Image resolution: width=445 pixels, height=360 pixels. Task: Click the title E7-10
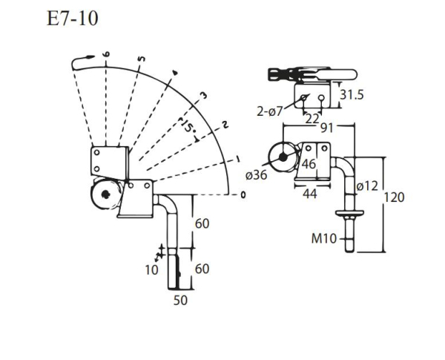pos(72,18)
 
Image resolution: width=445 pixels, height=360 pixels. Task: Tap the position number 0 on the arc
pos(243,195)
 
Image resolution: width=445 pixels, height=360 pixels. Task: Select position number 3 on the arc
pos(203,95)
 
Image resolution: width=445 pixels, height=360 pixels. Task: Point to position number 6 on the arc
pos(107,54)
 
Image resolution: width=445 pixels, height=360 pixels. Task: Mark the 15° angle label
pos(189,128)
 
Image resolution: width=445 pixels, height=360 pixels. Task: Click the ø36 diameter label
pos(256,175)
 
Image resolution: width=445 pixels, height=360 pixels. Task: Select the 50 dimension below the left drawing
pos(180,301)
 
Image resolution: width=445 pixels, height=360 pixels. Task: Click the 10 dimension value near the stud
pos(151,269)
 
